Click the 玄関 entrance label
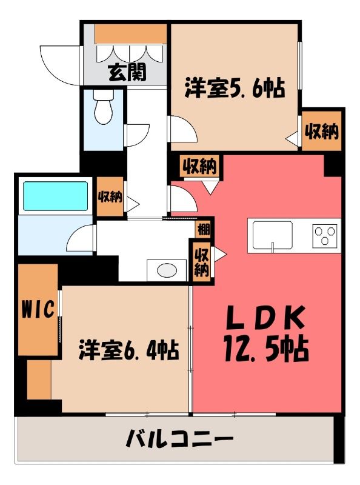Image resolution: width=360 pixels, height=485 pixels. tap(127, 72)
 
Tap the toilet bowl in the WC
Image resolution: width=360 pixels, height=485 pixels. tap(103, 107)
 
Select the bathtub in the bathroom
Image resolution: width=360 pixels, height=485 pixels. tap(55, 196)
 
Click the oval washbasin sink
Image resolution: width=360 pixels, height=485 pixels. tap(167, 270)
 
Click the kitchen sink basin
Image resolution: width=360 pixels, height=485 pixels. tap(273, 235)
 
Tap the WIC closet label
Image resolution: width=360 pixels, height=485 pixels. tap(38, 309)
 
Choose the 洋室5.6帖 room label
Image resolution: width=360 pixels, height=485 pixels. tap(235, 88)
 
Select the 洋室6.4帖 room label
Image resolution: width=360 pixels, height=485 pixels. tap(129, 350)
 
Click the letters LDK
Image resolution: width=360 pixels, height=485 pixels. tap(265, 318)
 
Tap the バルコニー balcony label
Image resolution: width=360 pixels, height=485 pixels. tap(179, 438)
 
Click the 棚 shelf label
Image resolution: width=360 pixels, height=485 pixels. tap(204, 230)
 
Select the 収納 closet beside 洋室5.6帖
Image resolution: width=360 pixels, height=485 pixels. tap(322, 131)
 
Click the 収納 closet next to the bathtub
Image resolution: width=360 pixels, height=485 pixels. tap(110, 196)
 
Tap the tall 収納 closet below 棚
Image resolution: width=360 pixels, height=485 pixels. tap(201, 263)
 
